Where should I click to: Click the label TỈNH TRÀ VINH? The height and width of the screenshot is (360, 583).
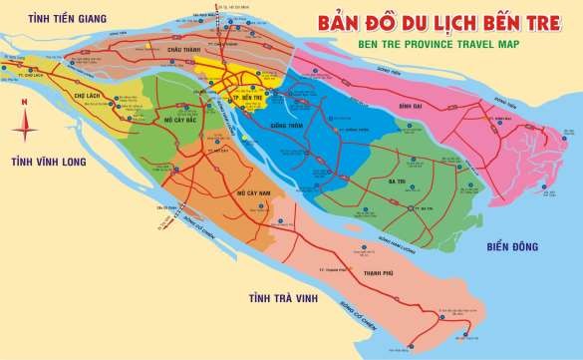pos(283,298)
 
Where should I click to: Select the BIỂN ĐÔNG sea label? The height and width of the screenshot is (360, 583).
pos(518,245)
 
